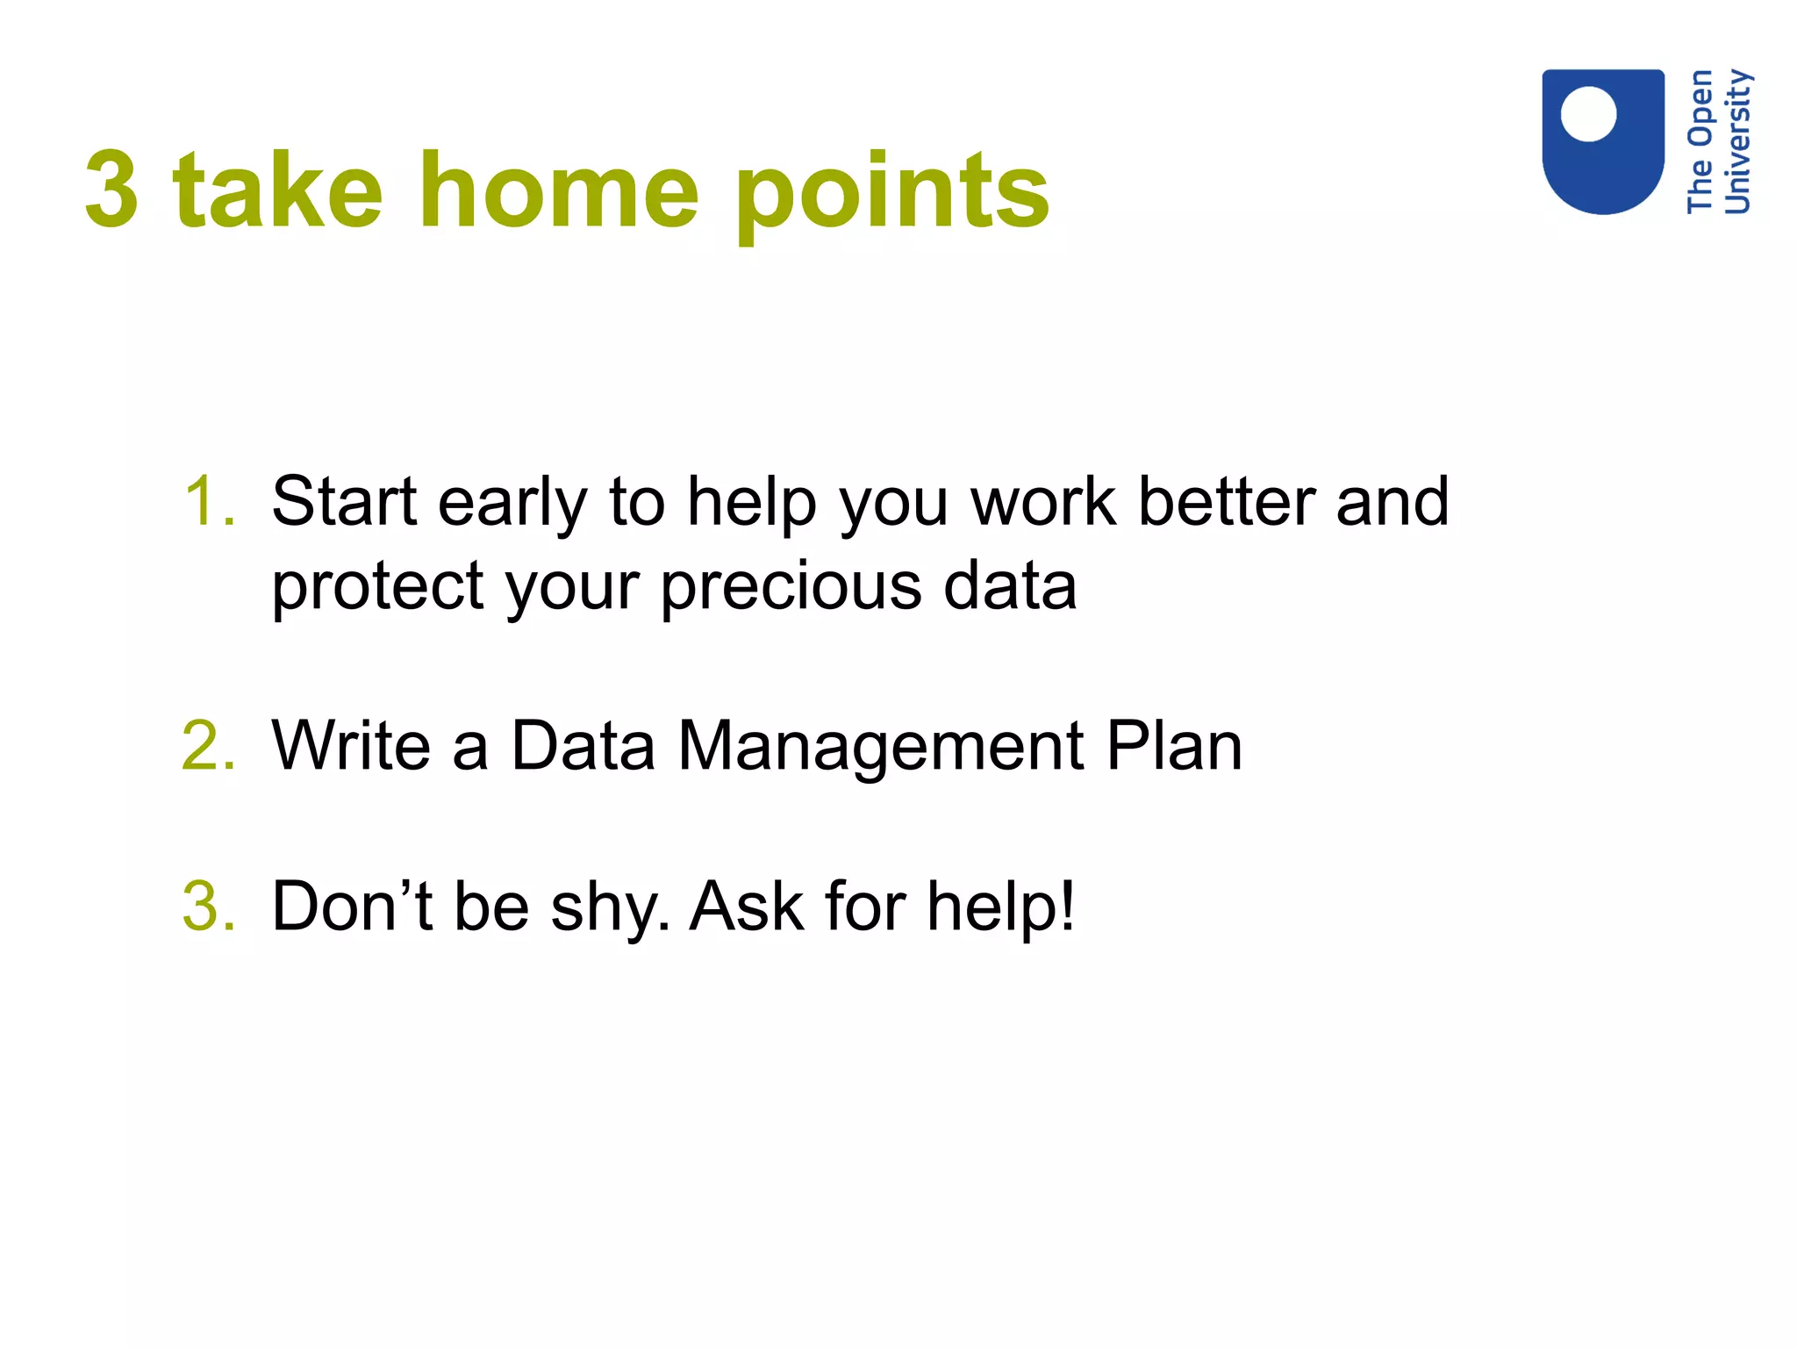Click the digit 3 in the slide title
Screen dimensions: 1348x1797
112,190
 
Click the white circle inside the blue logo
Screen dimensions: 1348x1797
1588,114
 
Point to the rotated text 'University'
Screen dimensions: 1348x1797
1737,142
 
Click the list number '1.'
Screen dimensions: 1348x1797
210,501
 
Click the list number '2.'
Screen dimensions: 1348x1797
208,746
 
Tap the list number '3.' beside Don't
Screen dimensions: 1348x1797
209,907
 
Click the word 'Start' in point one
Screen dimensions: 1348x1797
344,501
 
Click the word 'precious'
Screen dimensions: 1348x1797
791,587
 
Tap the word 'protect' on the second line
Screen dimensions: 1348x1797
377,587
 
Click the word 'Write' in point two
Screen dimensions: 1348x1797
351,746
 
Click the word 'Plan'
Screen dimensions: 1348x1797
1174,746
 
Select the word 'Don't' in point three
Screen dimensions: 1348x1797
352,907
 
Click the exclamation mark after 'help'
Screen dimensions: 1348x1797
1067,907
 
